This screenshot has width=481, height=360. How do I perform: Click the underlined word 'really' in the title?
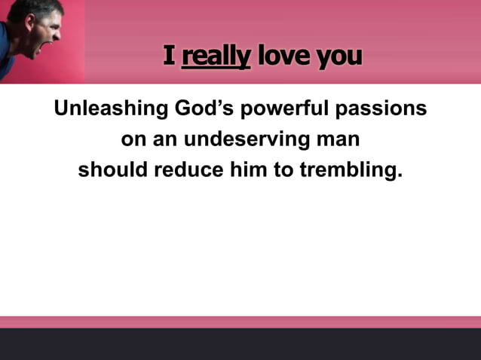(216, 56)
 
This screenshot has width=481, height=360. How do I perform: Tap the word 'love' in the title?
(283, 56)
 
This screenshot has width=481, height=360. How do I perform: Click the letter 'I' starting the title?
(169, 55)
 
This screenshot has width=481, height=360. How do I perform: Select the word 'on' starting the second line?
(132, 140)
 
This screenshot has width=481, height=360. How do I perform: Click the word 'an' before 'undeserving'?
(166, 140)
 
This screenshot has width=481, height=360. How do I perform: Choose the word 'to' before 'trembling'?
(283, 170)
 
